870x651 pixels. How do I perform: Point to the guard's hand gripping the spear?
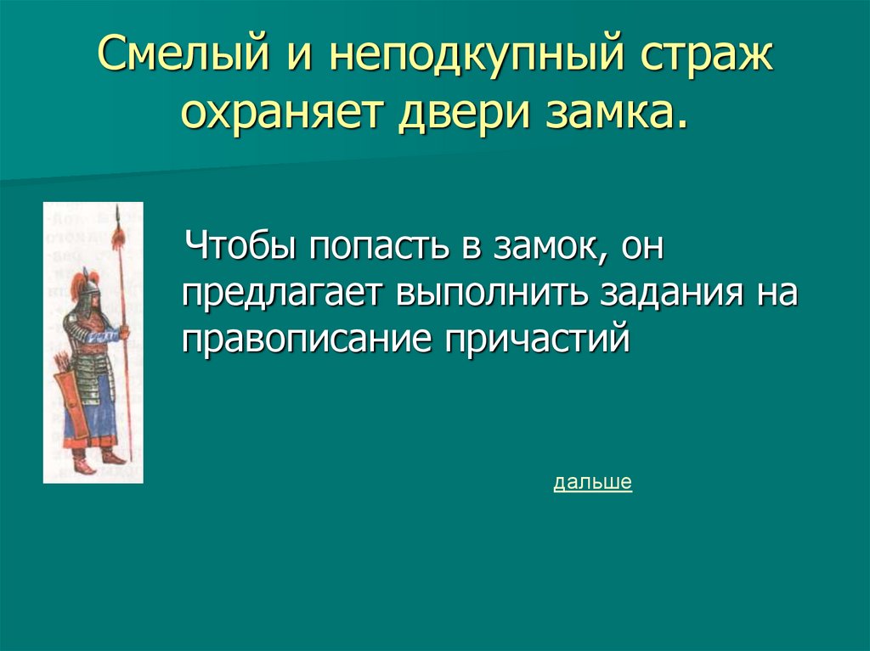pyautogui.click(x=124, y=334)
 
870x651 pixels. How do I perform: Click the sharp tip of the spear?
pyautogui.click(x=119, y=212)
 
